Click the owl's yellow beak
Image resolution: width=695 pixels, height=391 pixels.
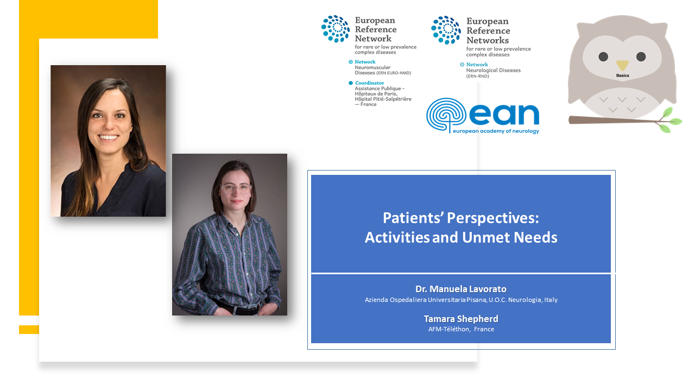[x=622, y=65]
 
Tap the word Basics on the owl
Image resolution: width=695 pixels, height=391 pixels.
[x=622, y=75]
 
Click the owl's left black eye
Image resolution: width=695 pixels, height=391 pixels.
[x=603, y=57]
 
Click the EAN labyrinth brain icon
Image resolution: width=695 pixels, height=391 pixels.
[x=446, y=115]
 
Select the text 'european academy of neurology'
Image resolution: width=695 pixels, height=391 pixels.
[x=496, y=131]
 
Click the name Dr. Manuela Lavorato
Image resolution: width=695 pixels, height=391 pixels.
[x=461, y=289]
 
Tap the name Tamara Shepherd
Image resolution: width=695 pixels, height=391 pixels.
[x=461, y=319]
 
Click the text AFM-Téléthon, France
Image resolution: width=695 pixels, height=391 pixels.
[x=461, y=329]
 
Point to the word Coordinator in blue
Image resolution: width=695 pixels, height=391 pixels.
[x=369, y=83]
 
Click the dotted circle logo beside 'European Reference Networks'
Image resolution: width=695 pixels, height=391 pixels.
[x=446, y=30]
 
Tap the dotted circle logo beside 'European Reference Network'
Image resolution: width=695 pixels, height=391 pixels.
[x=336, y=29]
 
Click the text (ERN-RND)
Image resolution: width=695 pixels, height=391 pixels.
[x=477, y=76]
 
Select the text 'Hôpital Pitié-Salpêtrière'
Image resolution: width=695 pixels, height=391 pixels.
[x=383, y=99]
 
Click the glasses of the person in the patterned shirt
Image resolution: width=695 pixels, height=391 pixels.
[x=236, y=188]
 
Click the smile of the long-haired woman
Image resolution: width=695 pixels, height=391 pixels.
[x=108, y=137]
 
